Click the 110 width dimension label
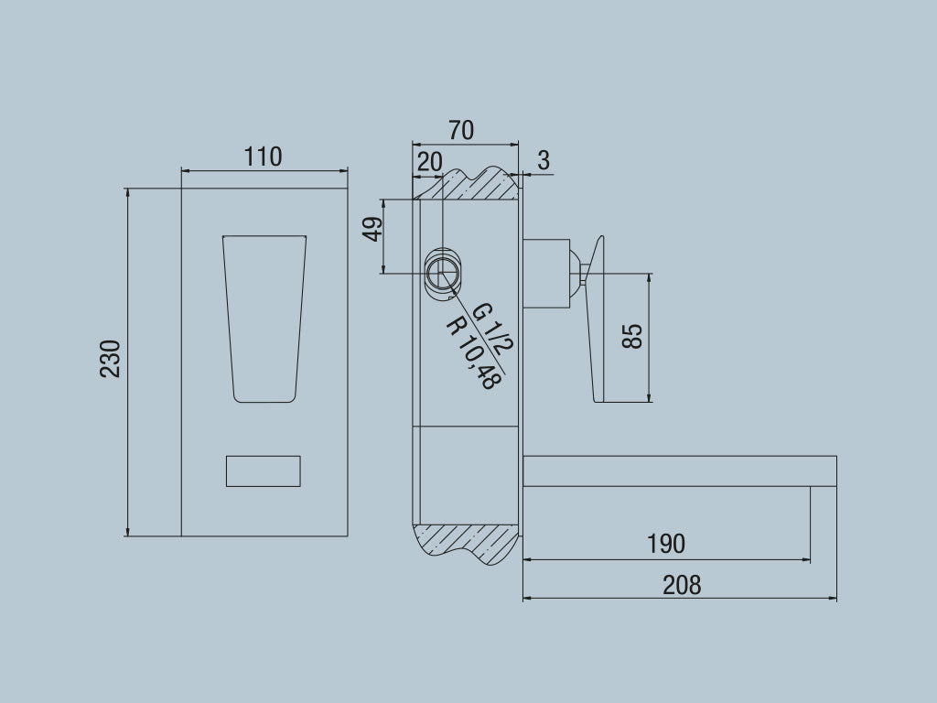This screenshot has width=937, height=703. click(263, 157)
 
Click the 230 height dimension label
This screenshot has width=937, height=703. click(111, 358)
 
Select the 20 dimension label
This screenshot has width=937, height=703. click(429, 162)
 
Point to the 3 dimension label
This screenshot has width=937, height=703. click(544, 161)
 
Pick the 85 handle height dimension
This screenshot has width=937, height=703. click(632, 335)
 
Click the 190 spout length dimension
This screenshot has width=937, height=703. click(665, 544)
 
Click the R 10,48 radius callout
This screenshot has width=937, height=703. click(471, 352)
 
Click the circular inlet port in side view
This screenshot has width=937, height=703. click(445, 274)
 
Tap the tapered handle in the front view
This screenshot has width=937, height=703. click(264, 316)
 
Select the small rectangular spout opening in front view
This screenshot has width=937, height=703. click(263, 470)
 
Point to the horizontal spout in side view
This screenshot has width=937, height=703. click(677, 470)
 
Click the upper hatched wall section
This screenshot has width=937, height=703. click(471, 186)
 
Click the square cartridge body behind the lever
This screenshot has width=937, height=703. click(546, 271)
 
